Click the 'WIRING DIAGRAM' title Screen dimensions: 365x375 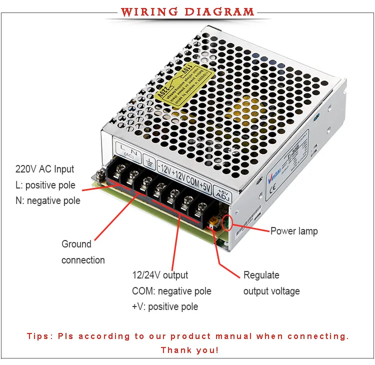[x=187, y=11]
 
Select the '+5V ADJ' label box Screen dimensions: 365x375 [x=221, y=193]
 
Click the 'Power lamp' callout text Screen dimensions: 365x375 [x=294, y=231]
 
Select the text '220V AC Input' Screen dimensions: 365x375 [x=45, y=169]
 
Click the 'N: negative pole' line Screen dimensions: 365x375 [x=48, y=201]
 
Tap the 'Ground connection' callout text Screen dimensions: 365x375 [x=83, y=252]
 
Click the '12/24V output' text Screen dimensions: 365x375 [x=160, y=275]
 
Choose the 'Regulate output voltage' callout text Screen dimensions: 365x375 [x=271, y=283]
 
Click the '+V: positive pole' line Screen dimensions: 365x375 [x=165, y=306]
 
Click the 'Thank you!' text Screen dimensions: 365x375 [x=189, y=350]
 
